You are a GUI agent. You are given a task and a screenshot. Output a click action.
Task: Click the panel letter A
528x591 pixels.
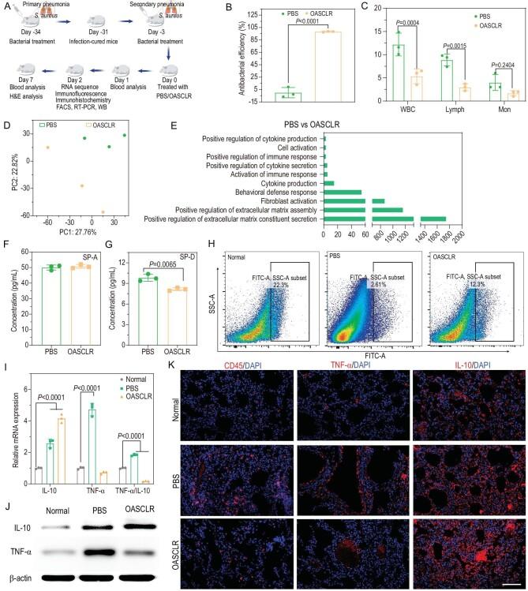tap(6, 7)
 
